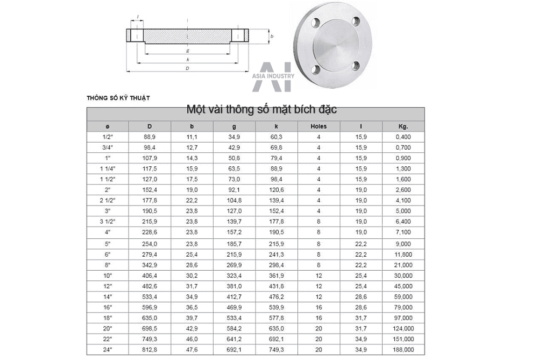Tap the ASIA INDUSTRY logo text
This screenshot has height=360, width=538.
(x=273, y=76)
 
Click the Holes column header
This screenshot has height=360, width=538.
(x=318, y=126)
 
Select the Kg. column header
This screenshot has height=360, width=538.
(x=403, y=126)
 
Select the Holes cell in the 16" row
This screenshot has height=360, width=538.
(x=318, y=307)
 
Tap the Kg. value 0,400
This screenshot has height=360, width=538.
(x=403, y=137)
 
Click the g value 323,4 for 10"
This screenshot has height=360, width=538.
(x=235, y=275)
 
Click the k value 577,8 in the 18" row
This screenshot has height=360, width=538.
(x=277, y=317)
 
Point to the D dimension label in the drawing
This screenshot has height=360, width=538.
(x=187, y=68)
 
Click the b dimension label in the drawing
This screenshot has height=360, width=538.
(x=272, y=37)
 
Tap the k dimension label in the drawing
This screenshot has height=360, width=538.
(x=187, y=59)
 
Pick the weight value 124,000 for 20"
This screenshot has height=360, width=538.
(x=403, y=328)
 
